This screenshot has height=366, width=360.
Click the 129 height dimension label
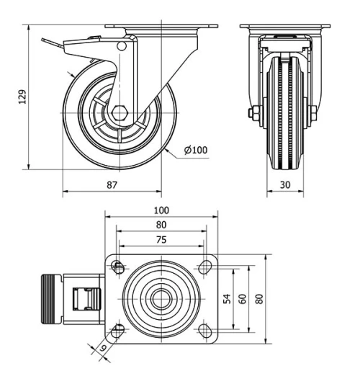pyautogui.click(x=21, y=96)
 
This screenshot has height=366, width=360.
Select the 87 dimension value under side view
pyautogui.click(x=112, y=185)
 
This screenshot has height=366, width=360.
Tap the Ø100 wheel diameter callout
pyautogui.click(x=195, y=150)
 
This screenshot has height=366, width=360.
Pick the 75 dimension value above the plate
pyautogui.click(x=161, y=240)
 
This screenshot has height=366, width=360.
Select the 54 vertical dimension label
pyautogui.click(x=226, y=298)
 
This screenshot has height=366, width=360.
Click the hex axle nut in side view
pyautogui.click(x=120, y=114)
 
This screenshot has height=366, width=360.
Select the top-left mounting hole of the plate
pyautogui.click(x=118, y=267)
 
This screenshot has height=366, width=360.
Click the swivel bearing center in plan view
pyautogui.click(x=161, y=298)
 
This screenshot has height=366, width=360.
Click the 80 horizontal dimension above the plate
pyautogui.click(x=161, y=225)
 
